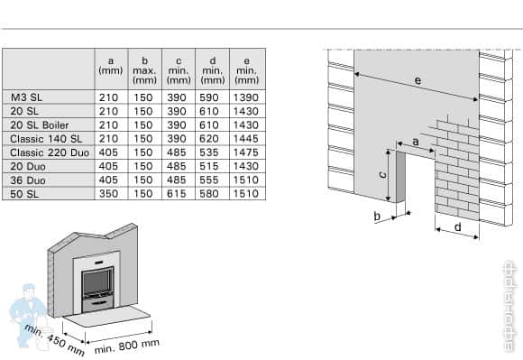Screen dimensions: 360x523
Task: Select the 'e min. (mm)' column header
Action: click(x=244, y=69)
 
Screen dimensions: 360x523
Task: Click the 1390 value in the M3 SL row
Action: click(x=244, y=96)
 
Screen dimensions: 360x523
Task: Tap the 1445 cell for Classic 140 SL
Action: click(x=244, y=138)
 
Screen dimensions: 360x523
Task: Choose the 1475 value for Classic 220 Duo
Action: click(x=244, y=152)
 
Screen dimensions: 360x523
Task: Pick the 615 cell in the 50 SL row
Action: click(x=177, y=193)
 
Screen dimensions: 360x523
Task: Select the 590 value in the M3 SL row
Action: click(x=211, y=96)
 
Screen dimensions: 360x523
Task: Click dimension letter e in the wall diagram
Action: click(x=417, y=81)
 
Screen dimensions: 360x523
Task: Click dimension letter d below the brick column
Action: click(x=457, y=227)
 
